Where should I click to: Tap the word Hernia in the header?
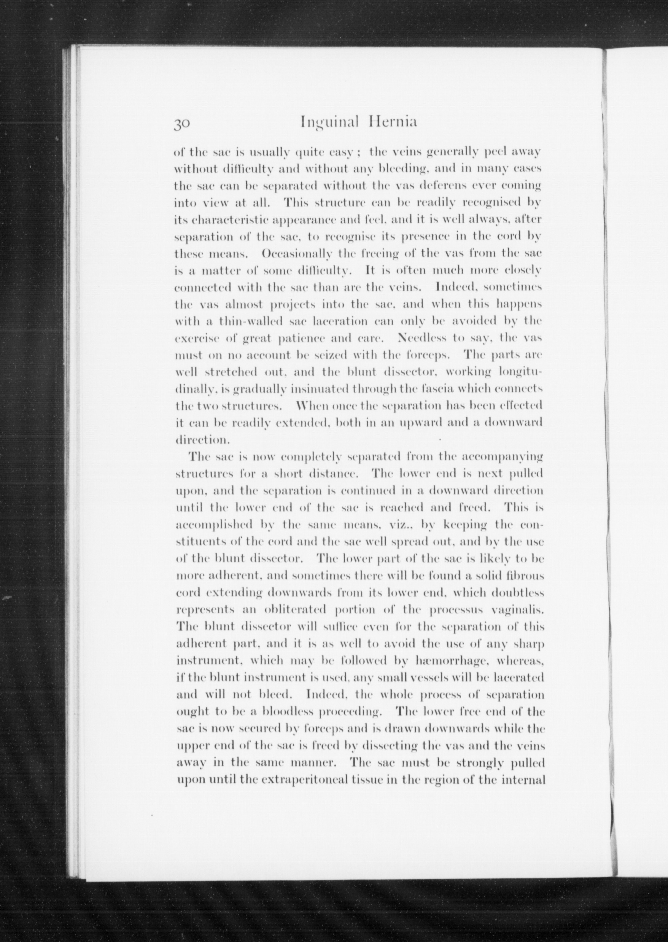pos(394,122)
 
